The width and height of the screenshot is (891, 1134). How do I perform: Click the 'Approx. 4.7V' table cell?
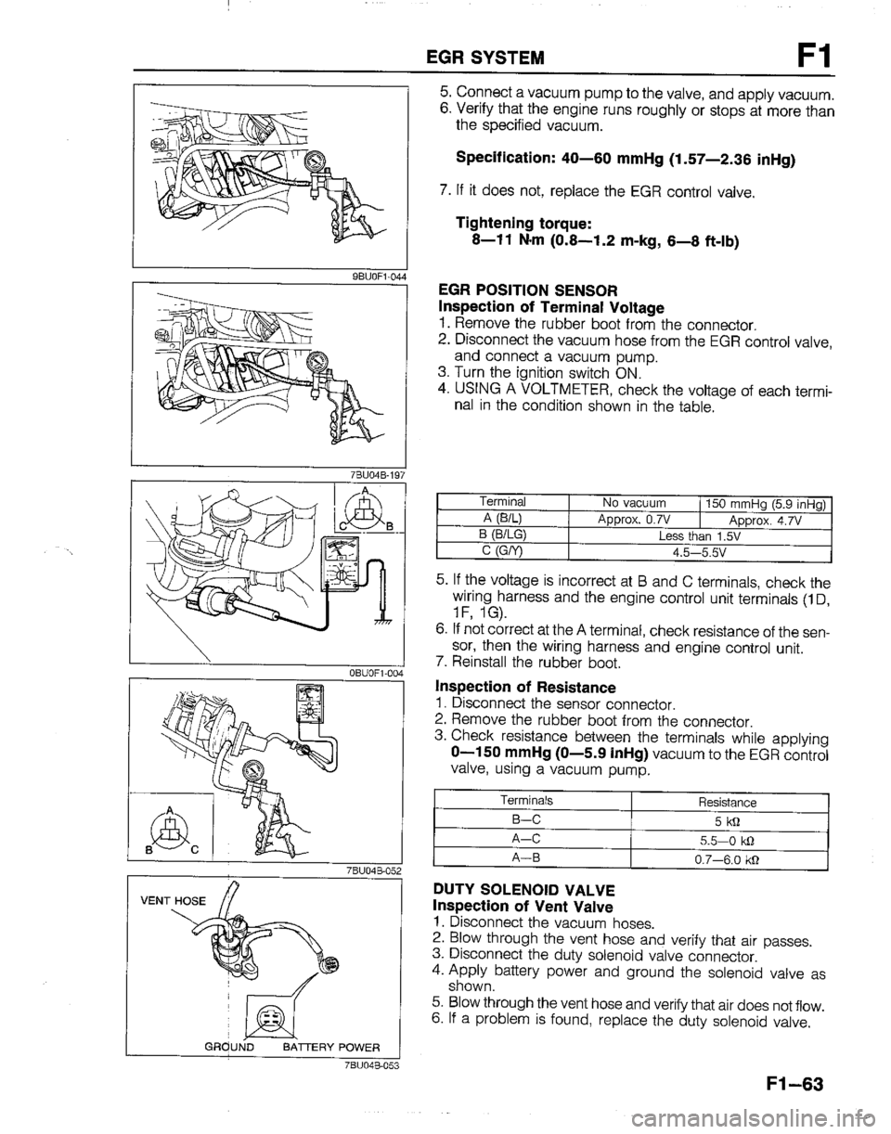click(x=766, y=521)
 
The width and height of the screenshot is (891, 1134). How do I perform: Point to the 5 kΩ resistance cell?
click(x=729, y=819)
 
